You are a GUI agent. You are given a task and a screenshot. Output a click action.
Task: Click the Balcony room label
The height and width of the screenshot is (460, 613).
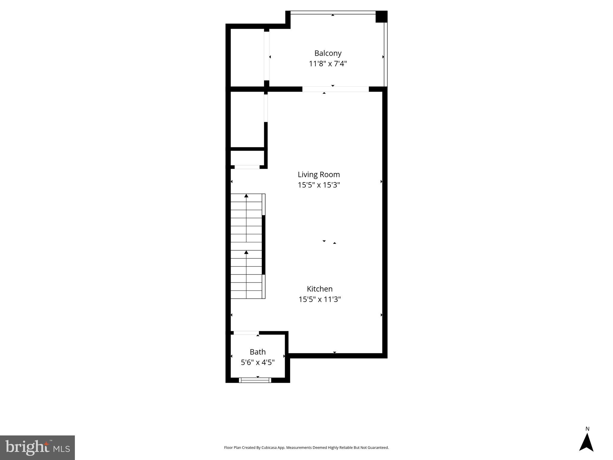coord(328,53)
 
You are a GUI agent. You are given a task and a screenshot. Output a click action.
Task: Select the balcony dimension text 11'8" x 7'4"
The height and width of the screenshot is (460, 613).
coord(328,64)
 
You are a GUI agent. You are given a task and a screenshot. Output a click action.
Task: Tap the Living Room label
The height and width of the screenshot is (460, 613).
coord(319,175)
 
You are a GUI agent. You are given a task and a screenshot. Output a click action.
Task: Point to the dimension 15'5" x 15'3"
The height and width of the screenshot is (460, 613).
coord(319,185)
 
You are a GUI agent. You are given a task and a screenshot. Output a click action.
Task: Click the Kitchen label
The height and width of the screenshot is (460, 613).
coord(320,289)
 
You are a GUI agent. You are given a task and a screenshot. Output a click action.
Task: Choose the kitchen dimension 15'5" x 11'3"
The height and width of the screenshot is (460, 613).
coord(320,299)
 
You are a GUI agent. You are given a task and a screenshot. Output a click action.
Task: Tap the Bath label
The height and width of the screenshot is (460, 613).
coord(258,352)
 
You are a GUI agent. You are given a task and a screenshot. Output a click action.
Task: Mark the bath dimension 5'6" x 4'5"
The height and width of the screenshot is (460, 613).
coord(258,362)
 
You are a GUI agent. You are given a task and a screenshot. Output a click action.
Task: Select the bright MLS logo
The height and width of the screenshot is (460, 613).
coord(37,447)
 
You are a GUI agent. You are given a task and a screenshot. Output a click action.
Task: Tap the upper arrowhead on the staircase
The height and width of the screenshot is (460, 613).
coord(246,196)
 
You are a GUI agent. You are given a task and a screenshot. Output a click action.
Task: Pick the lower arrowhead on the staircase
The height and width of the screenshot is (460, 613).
coord(246,252)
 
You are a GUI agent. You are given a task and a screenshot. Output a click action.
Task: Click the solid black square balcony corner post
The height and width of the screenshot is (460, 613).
coord(381,16)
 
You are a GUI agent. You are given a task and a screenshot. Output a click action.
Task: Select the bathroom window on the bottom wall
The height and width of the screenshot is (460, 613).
coord(255,380)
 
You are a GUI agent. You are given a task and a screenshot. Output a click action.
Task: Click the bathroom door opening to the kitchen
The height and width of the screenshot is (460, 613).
coord(246,333)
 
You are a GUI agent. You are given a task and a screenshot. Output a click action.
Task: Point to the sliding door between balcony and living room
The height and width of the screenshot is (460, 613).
coord(335,89)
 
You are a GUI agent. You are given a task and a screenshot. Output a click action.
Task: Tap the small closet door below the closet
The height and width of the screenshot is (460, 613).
coord(247,167)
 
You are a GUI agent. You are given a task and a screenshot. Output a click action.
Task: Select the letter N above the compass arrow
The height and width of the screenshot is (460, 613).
coord(587,429)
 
